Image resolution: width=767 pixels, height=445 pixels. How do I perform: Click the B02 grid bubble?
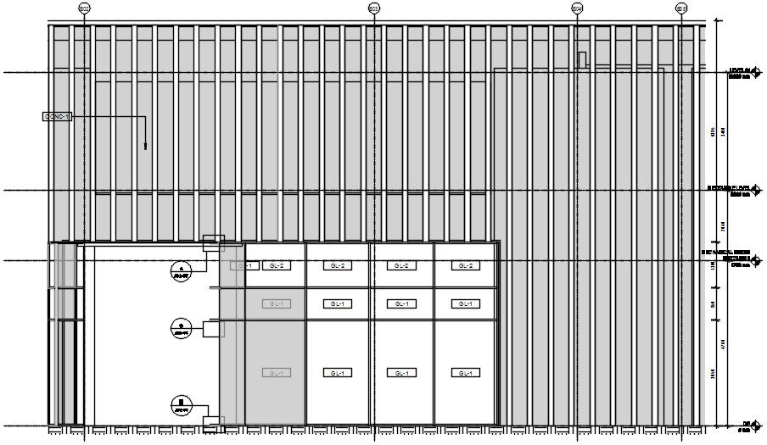[84, 8]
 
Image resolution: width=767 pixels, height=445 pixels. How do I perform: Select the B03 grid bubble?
[374, 8]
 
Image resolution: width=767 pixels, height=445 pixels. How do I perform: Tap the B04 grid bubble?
[577, 8]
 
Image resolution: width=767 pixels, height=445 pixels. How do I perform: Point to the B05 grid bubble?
[681, 8]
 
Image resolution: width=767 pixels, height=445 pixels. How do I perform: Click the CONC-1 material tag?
[57, 116]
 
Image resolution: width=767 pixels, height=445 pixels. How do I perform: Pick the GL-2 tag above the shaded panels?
[275, 266]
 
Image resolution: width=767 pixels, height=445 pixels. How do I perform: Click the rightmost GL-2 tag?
[465, 266]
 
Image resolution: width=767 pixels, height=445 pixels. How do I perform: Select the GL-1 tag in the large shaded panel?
[275, 373]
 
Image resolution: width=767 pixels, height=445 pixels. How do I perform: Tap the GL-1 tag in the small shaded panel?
[275, 304]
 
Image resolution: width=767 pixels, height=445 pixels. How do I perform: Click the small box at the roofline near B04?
[582, 59]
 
